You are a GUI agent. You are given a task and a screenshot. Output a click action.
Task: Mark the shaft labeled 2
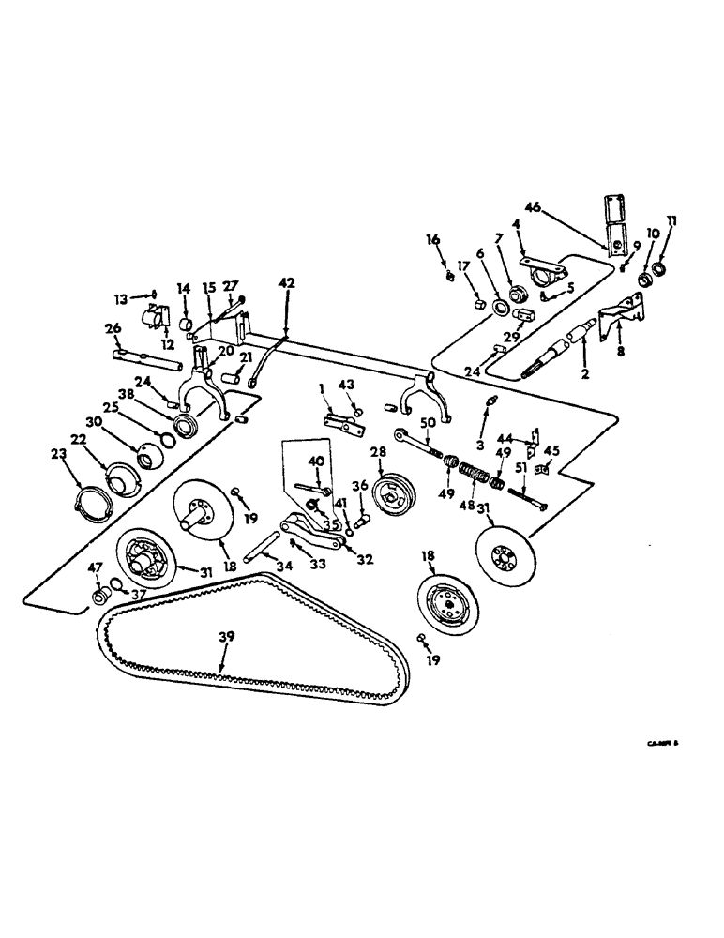566,351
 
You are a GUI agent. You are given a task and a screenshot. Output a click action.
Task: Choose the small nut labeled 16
451,276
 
